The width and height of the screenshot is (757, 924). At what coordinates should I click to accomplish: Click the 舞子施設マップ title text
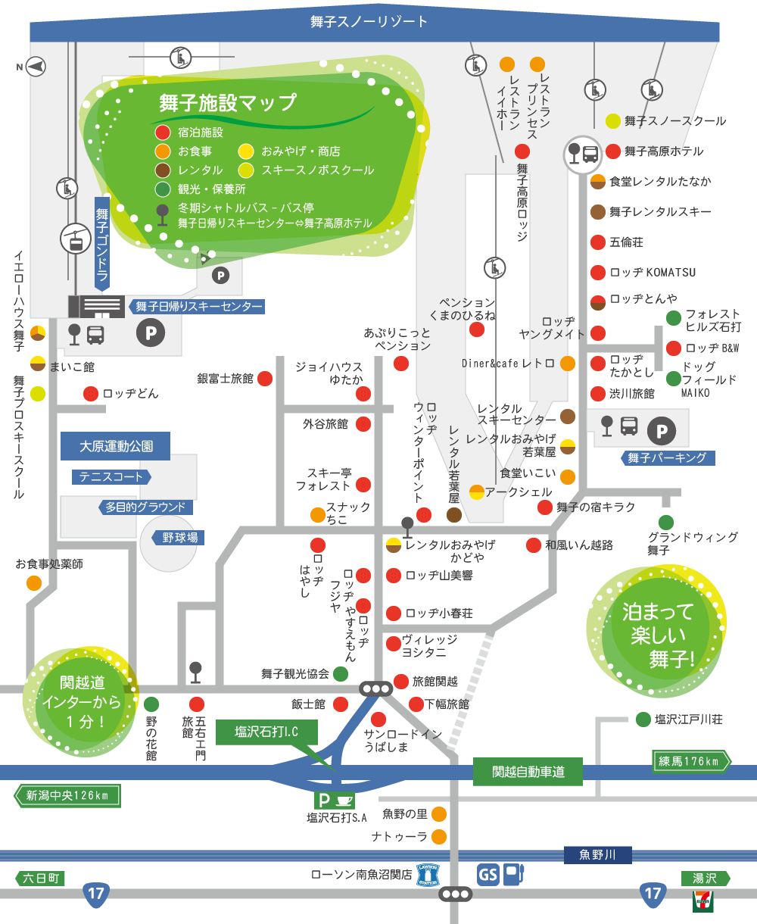[227, 102]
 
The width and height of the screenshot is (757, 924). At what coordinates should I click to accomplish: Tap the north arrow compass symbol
[33, 67]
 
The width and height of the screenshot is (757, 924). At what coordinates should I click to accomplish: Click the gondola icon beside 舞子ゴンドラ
[76, 239]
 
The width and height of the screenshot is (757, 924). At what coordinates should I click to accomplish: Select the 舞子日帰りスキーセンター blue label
[198, 307]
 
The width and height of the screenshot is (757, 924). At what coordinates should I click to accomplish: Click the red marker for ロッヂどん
[91, 394]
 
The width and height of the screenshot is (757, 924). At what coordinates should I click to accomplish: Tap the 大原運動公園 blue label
[115, 446]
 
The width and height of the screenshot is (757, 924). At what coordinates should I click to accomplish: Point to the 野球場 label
[180, 538]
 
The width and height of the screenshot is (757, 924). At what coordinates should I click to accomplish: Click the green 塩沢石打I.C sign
[266, 732]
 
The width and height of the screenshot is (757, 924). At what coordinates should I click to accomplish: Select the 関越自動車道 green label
[528, 772]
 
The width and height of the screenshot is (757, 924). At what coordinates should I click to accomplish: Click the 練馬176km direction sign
[691, 761]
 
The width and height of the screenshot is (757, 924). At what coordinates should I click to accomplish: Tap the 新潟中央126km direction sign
[67, 795]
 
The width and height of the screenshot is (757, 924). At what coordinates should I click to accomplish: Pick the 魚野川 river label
[597, 855]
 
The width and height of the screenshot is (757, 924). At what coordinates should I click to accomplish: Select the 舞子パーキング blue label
[667, 457]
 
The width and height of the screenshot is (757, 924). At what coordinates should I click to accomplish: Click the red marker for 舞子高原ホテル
[613, 151]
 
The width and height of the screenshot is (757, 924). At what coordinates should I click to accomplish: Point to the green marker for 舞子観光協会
[341, 673]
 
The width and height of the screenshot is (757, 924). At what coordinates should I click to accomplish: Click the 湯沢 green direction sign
[706, 879]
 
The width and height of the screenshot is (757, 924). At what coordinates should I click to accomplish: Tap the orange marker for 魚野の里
[438, 814]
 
